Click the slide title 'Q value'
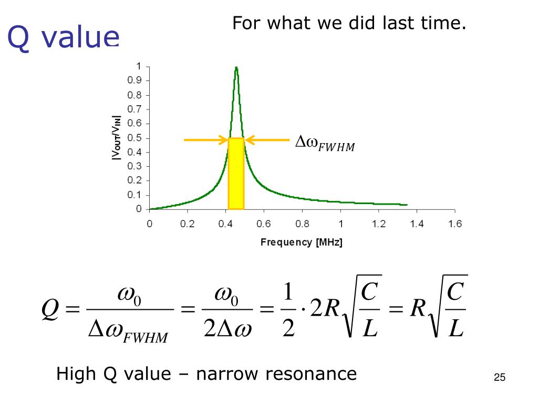[x=63, y=38]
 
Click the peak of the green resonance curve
[x=236, y=68]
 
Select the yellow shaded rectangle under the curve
[x=236, y=174]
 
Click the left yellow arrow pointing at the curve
[x=205, y=140]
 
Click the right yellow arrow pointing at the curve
[x=267, y=140]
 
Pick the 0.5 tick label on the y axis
[x=136, y=138]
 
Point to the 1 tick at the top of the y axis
[x=139, y=66]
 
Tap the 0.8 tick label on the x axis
[x=302, y=224]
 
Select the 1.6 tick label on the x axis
[x=455, y=224]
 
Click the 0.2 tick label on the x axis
[x=188, y=224]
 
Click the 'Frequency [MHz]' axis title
[x=302, y=243]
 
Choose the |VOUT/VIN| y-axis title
[x=117, y=138]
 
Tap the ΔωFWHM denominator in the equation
[x=129, y=331]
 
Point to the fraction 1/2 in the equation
[x=288, y=310]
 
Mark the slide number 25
[x=499, y=378]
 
